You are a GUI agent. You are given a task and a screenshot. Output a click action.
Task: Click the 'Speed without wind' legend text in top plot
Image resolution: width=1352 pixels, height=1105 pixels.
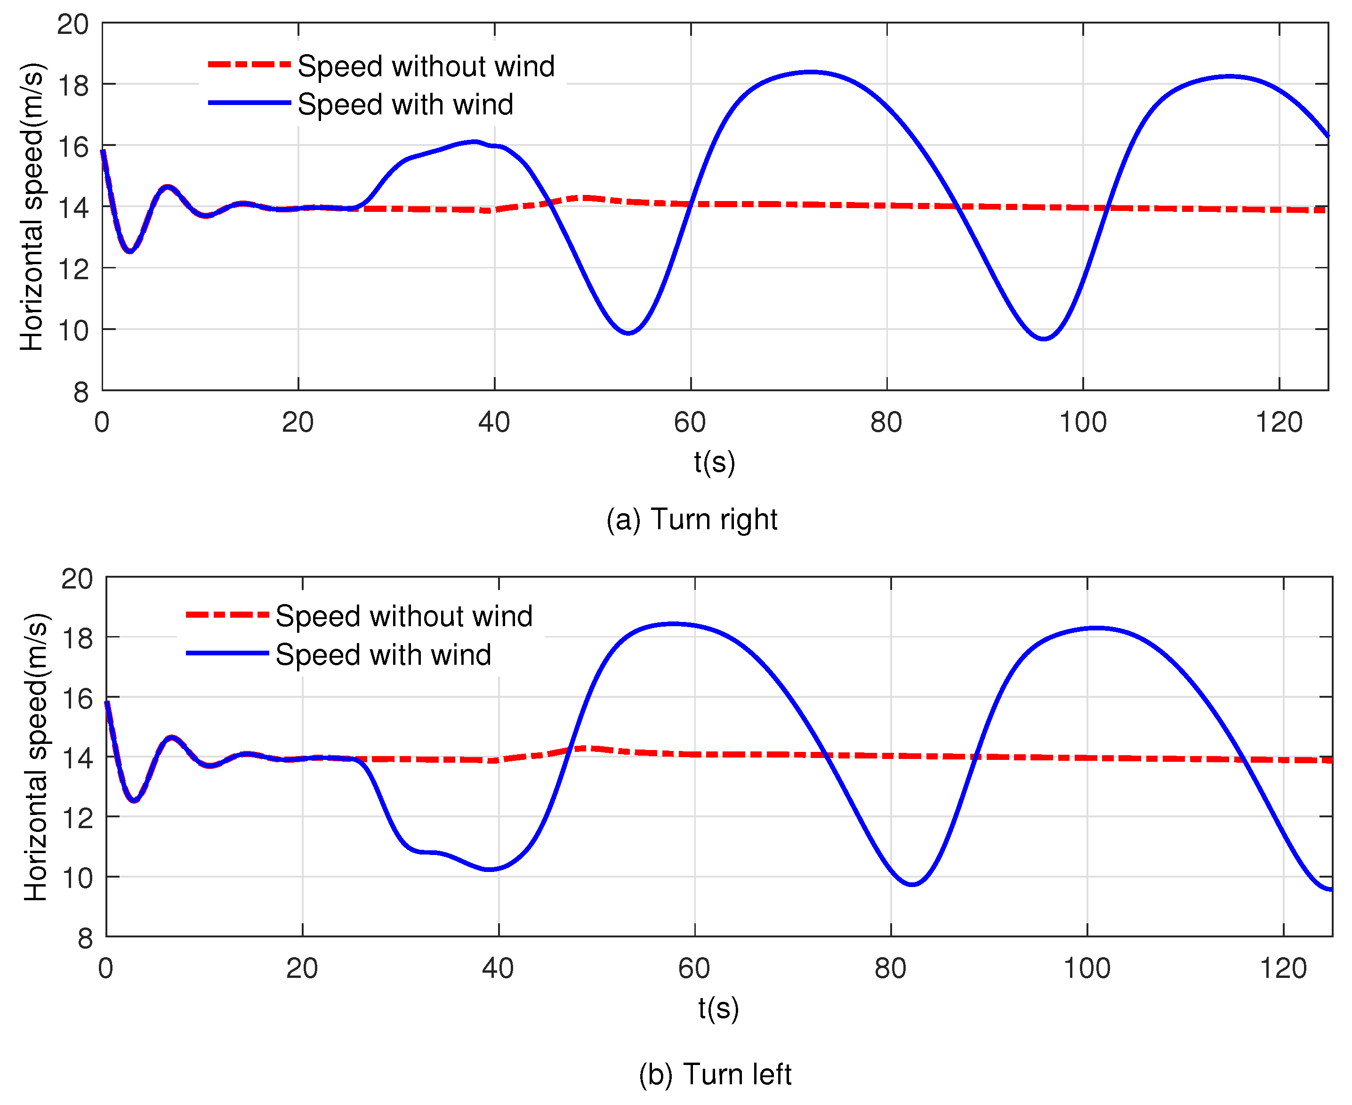426,66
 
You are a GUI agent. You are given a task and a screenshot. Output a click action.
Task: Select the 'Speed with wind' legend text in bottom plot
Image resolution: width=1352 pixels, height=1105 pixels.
383,655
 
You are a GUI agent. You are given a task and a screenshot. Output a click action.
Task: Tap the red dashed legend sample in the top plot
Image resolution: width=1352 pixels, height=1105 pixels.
249,65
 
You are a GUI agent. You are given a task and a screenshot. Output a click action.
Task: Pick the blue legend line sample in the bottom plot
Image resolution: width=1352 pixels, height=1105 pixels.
227,653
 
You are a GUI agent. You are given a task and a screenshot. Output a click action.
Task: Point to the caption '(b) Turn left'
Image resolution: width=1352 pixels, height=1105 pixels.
714,1074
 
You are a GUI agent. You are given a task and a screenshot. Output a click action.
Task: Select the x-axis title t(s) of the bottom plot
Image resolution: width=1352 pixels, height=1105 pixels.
718,1008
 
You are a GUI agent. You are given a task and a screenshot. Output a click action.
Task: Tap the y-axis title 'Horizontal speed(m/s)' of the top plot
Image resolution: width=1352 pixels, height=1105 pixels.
32,207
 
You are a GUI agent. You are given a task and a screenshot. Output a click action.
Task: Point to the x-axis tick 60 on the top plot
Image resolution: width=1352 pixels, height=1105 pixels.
690,422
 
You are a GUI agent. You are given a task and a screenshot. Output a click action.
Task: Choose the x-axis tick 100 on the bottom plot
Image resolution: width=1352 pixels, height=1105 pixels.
1086,968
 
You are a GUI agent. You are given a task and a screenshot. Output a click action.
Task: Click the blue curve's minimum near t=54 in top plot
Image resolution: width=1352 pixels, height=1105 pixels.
628,332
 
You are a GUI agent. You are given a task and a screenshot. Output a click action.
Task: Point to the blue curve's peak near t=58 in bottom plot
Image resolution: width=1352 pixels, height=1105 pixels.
674,624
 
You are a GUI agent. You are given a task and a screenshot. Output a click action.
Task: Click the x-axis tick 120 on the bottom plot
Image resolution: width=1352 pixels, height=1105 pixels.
1283,968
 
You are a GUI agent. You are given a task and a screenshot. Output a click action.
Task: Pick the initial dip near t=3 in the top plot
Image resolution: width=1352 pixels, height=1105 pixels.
130,251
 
